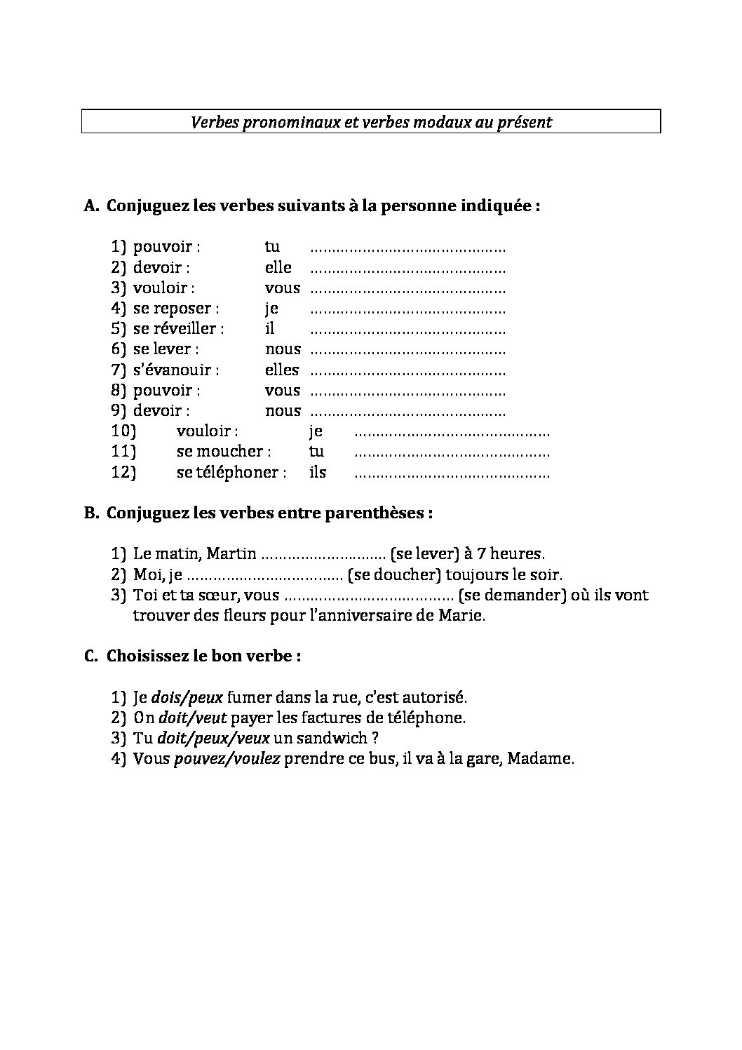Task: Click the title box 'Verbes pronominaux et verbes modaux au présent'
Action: (x=371, y=121)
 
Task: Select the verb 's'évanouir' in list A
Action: (x=175, y=370)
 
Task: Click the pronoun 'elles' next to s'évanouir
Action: (x=281, y=370)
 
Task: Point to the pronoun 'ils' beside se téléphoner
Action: (x=318, y=473)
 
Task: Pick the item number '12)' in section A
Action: (x=123, y=473)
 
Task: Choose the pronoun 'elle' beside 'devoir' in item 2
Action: (x=278, y=268)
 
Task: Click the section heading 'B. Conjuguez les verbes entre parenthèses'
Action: (x=257, y=513)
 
